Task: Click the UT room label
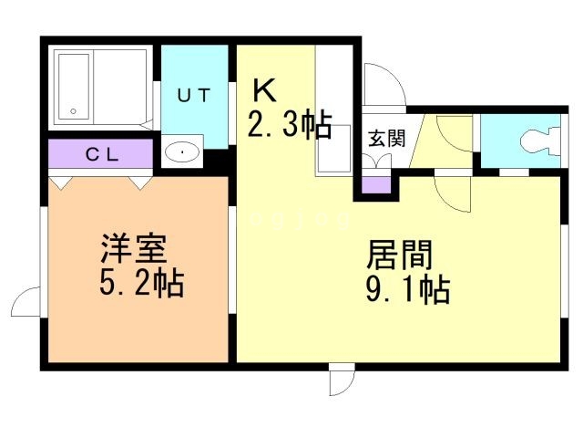tap(194, 95)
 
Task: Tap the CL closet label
tap(102, 154)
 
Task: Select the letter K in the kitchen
tap(264, 89)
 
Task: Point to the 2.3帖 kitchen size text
tap(290, 124)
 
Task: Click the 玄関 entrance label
tap(386, 138)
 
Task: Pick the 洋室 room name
tap(134, 248)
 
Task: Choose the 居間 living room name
tap(400, 255)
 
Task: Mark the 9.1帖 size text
tap(408, 289)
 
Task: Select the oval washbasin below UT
tap(182, 152)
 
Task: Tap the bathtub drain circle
tap(73, 111)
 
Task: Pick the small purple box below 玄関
tap(376, 185)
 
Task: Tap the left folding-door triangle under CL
tap(60, 182)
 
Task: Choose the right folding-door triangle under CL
tap(140, 182)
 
